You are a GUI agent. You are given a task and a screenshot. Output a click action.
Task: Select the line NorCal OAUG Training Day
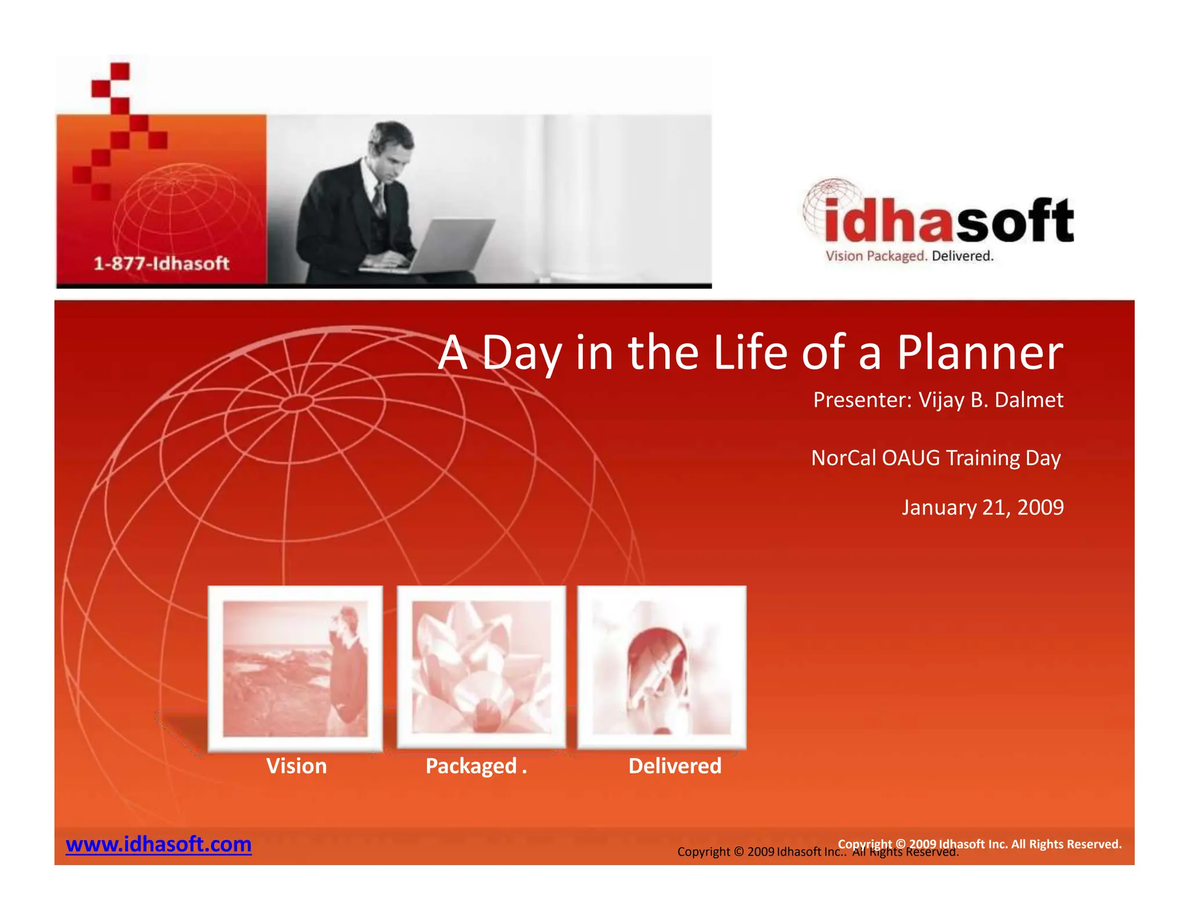[935, 458]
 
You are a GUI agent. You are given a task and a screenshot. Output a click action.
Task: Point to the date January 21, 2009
[982, 508]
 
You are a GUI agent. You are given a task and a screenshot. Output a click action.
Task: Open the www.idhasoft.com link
[158, 844]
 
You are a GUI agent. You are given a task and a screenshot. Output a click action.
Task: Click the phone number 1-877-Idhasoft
[161, 264]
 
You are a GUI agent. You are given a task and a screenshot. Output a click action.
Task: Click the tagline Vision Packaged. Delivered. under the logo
[909, 256]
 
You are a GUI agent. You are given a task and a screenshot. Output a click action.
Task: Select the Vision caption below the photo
[296, 767]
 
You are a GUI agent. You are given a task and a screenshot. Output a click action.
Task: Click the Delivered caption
[675, 767]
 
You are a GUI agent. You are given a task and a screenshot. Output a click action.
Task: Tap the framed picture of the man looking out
[295, 668]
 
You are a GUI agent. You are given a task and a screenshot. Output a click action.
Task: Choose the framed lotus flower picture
[481, 667]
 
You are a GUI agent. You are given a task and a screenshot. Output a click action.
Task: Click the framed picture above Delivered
[661, 667]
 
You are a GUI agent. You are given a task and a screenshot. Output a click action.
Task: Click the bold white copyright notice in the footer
[979, 844]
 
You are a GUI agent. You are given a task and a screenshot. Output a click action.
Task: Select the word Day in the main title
[521, 353]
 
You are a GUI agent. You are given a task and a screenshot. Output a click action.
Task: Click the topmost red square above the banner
[119, 71]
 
